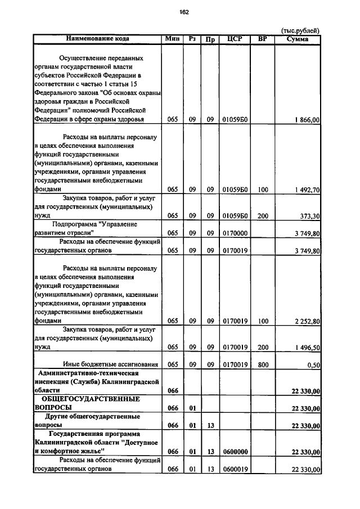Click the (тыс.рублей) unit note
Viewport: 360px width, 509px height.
coord(300,30)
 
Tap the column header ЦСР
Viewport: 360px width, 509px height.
coord(234,39)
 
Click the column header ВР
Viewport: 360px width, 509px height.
coord(262,39)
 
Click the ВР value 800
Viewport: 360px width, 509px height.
coord(262,365)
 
